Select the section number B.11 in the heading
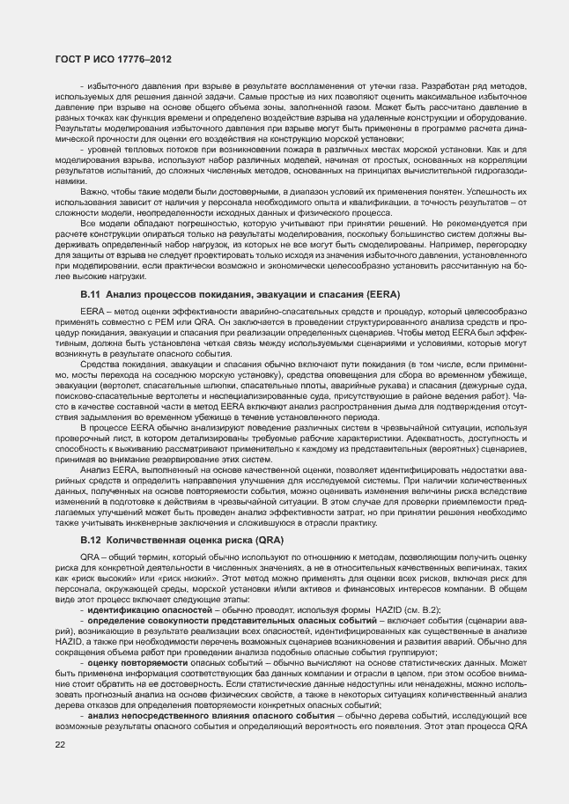[91, 292]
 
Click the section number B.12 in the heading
[91, 537]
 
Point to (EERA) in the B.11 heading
[381, 292]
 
